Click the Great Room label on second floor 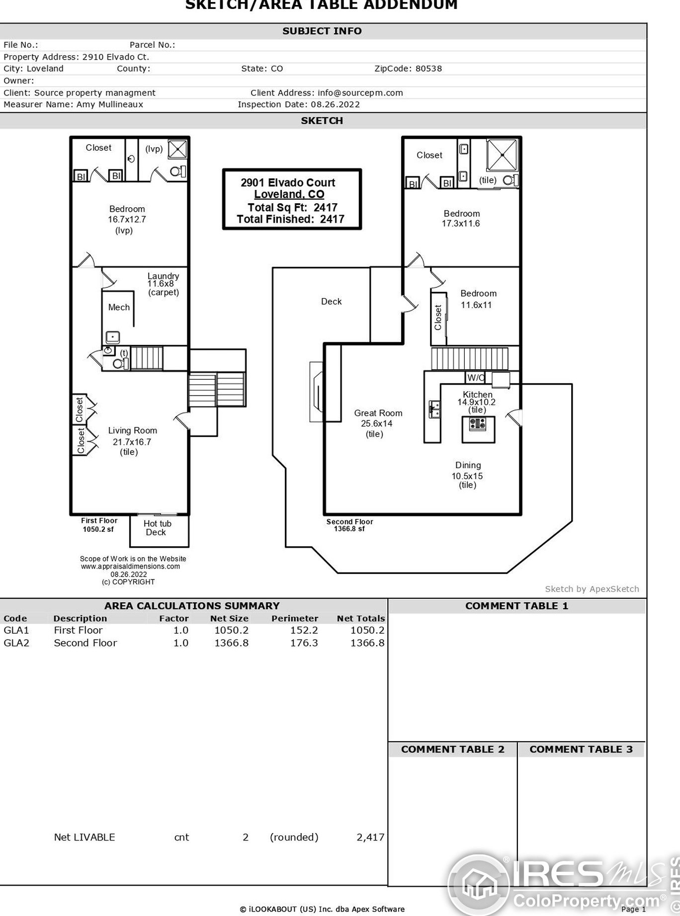coord(378,413)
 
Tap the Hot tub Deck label coord(157,528)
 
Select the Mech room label coord(119,308)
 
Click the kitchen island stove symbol coord(478,424)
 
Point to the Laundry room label coord(163,276)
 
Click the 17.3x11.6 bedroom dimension coord(461,224)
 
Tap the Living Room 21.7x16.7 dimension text coord(132,442)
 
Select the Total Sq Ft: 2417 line coord(292,207)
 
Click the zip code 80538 coord(428,69)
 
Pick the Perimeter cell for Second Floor coord(304,643)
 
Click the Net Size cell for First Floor coord(231,630)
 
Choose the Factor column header coord(173,618)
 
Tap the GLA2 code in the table coord(16,643)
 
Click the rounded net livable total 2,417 coord(370,837)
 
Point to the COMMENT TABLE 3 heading coord(581,749)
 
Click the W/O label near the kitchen coord(476,378)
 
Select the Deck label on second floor coord(331,302)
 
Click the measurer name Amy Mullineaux coord(109,104)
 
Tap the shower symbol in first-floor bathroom coord(177,149)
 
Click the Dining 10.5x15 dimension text coord(467,476)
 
